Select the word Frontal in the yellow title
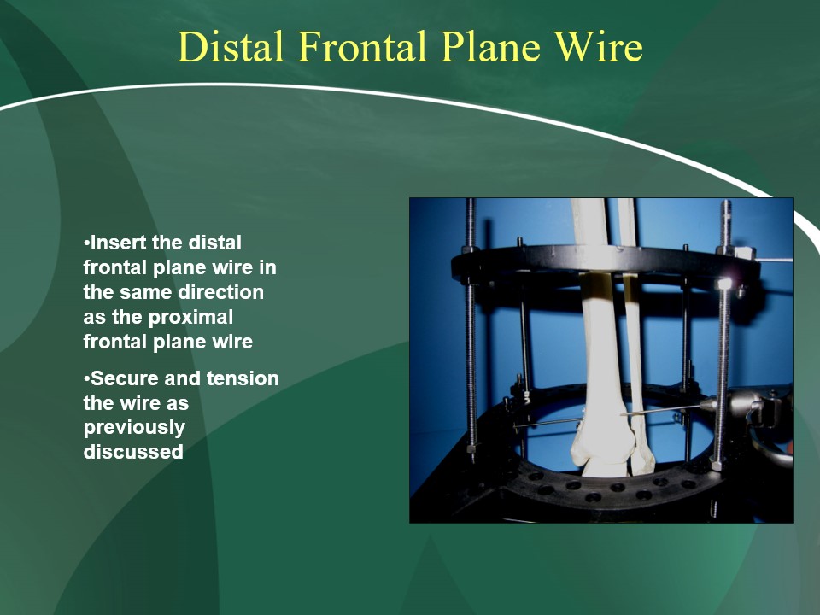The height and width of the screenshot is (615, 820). [364, 46]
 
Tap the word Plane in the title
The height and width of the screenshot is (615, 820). [490, 46]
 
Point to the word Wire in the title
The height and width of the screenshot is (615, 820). [598, 46]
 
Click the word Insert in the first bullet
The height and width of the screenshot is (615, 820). [120, 243]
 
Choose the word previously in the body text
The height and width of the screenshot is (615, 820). [134, 428]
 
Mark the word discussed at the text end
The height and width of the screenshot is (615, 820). [133, 452]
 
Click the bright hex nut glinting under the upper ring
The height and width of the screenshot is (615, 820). [724, 284]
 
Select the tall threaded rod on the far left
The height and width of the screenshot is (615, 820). [471, 330]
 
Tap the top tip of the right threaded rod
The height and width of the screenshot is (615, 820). [725, 202]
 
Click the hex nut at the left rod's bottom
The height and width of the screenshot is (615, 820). [471, 448]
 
